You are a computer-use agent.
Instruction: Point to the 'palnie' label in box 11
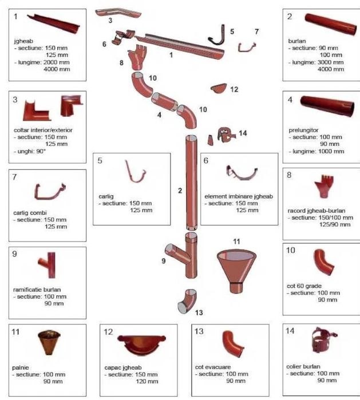pyautogui.click(x=21, y=366)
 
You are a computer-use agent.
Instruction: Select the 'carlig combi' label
pyautogui.click(x=29, y=212)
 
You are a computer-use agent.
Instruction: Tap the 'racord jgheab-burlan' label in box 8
pyautogui.click(x=313, y=210)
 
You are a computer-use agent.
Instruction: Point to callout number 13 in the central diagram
pyautogui.click(x=199, y=312)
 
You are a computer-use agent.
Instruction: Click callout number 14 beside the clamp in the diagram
pyautogui.click(x=243, y=133)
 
